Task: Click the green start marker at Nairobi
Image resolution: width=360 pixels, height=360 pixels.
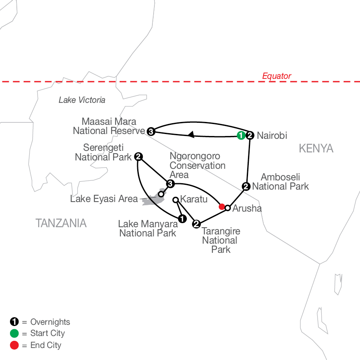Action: (241, 135)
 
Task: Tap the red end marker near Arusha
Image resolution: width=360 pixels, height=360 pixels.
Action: (222, 207)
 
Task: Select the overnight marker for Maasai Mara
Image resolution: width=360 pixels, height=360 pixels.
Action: (151, 132)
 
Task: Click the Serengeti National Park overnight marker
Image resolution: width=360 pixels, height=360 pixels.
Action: (138, 156)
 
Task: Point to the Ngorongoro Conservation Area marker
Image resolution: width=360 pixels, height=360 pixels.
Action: (170, 184)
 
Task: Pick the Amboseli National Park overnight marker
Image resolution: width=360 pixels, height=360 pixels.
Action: (246, 186)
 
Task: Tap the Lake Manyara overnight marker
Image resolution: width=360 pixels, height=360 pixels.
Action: (182, 218)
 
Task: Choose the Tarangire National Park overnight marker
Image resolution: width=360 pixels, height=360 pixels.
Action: (196, 224)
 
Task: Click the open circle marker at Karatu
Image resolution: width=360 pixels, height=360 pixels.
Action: (176, 200)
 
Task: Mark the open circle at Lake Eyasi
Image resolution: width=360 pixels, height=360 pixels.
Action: (161, 194)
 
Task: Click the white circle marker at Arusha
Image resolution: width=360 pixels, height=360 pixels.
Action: (228, 208)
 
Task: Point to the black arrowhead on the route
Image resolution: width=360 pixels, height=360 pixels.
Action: (191, 134)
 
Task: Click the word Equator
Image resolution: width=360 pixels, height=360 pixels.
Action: (277, 76)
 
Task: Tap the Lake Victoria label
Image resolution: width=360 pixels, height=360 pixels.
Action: (82, 100)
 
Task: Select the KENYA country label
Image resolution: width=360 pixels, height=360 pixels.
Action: (316, 148)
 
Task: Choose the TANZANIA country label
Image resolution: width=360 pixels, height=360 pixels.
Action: (61, 223)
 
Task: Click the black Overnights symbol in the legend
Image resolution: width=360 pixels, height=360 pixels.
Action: (14, 322)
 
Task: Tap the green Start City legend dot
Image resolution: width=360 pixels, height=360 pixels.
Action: (14, 333)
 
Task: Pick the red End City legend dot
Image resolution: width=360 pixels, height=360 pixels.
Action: (14, 345)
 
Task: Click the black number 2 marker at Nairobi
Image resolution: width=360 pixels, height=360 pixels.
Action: (250, 135)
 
